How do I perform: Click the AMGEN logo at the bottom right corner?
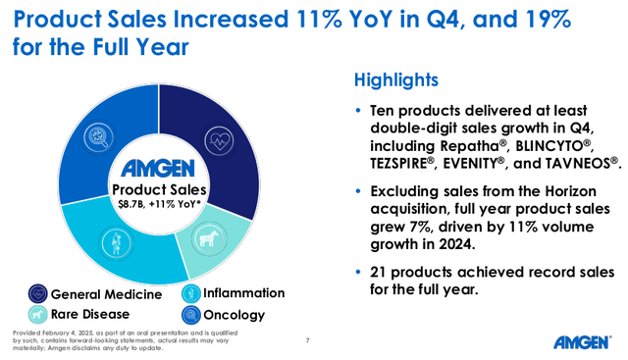click(585, 341)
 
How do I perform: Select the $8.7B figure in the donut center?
click(124, 204)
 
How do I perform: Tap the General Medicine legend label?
click(107, 293)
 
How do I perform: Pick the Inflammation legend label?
click(243, 293)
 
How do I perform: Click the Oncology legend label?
click(234, 315)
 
